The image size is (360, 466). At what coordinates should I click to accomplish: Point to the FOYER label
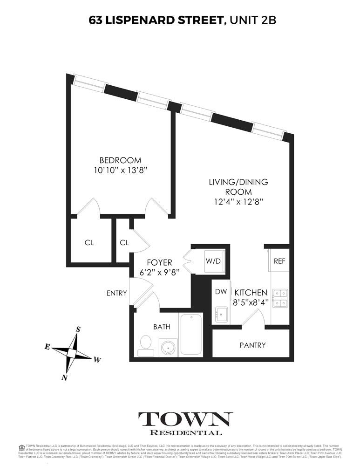click(x=160, y=262)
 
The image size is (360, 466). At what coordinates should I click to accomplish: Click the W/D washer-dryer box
click(x=214, y=260)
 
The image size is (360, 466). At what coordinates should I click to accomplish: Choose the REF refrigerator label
click(x=279, y=261)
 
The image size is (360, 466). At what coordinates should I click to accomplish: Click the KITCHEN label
click(x=251, y=293)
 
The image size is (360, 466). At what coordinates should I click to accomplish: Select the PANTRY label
click(x=252, y=345)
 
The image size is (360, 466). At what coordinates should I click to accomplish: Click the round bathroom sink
click(x=168, y=347)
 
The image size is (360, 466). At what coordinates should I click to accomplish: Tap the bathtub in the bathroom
click(x=190, y=334)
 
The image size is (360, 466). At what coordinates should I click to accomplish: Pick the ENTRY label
click(x=116, y=293)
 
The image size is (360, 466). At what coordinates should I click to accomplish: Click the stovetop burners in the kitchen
click(x=280, y=298)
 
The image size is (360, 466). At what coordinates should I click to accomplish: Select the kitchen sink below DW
click(x=220, y=315)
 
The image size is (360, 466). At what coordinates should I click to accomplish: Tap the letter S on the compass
click(x=78, y=329)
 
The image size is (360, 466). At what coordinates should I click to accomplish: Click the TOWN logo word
click(x=185, y=419)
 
